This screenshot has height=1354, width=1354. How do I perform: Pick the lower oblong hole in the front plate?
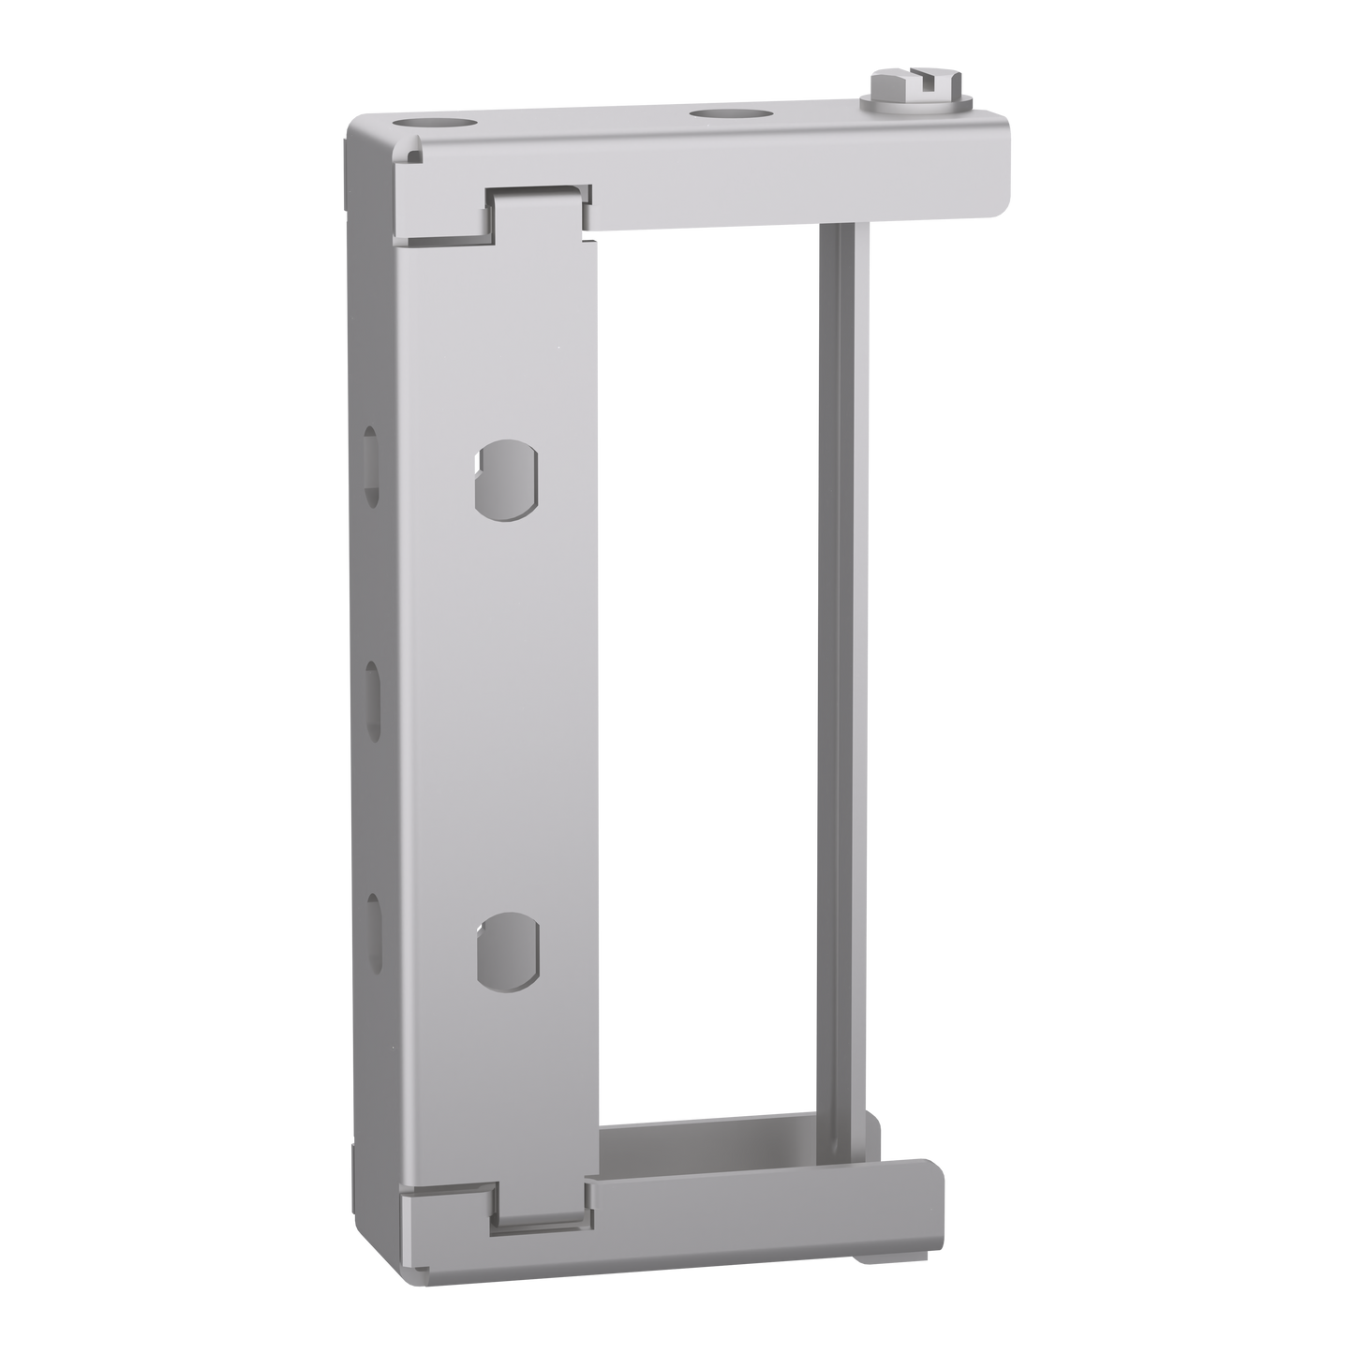[507, 948]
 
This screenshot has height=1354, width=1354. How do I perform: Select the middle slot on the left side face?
[372, 698]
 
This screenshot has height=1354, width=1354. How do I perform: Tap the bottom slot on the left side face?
[375, 928]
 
